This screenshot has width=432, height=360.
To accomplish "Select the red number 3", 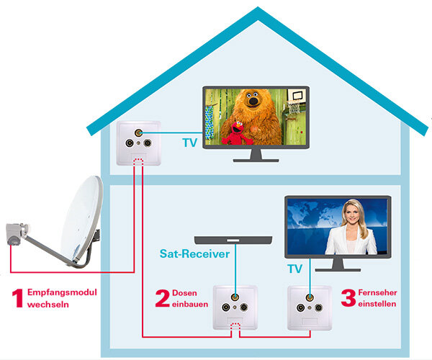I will tap(348, 299).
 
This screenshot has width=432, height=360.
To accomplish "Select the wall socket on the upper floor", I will tap(138, 140).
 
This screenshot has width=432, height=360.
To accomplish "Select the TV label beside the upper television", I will tap(189, 143).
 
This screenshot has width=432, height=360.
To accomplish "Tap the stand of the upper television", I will tap(256, 155).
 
